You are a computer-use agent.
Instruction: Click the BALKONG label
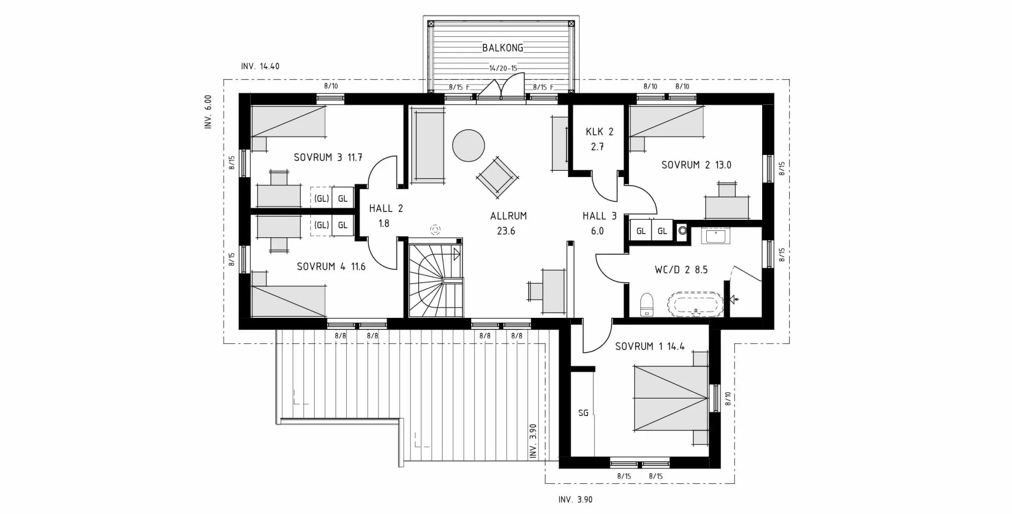point(503,48)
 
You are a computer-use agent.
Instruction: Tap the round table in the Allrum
point(469,146)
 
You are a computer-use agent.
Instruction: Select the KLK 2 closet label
point(599,132)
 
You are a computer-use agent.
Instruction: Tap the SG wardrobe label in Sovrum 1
point(583,413)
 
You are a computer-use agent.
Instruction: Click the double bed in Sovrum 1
point(670,398)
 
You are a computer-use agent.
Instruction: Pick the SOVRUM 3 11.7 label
point(328,157)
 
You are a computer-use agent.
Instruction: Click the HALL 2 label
point(386,209)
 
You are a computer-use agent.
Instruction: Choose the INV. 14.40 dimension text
point(260,66)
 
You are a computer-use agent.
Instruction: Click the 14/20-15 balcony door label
point(503,69)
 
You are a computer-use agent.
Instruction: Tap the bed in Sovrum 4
point(288,301)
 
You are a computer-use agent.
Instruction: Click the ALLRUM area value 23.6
point(506,231)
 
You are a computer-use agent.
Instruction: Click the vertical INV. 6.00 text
point(208,112)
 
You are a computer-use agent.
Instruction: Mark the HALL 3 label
point(599,216)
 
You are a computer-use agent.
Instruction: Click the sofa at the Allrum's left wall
point(427,146)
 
